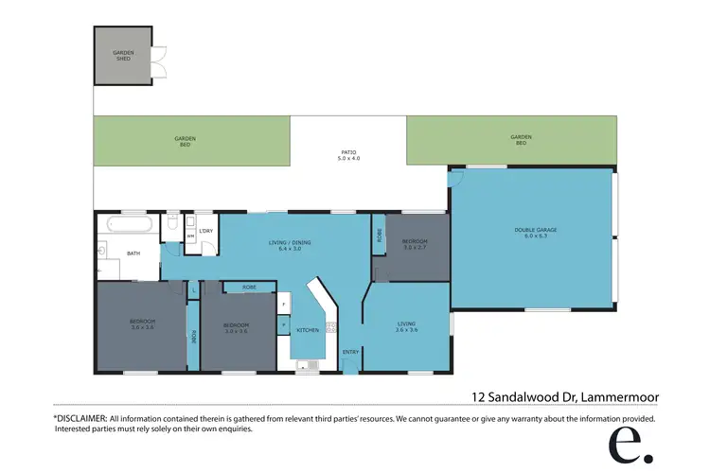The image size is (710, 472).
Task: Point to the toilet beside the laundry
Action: click(172, 223)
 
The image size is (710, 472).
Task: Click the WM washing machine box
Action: click(190, 236)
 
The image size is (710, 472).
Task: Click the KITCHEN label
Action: click(308, 330)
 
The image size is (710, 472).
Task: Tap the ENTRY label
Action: click(350, 352)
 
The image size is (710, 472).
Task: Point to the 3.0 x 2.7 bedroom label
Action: click(415, 245)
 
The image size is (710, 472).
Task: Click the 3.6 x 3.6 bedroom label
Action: click(142, 325)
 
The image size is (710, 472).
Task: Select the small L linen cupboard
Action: click(192, 289)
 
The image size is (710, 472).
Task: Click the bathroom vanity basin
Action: click(100, 253)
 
